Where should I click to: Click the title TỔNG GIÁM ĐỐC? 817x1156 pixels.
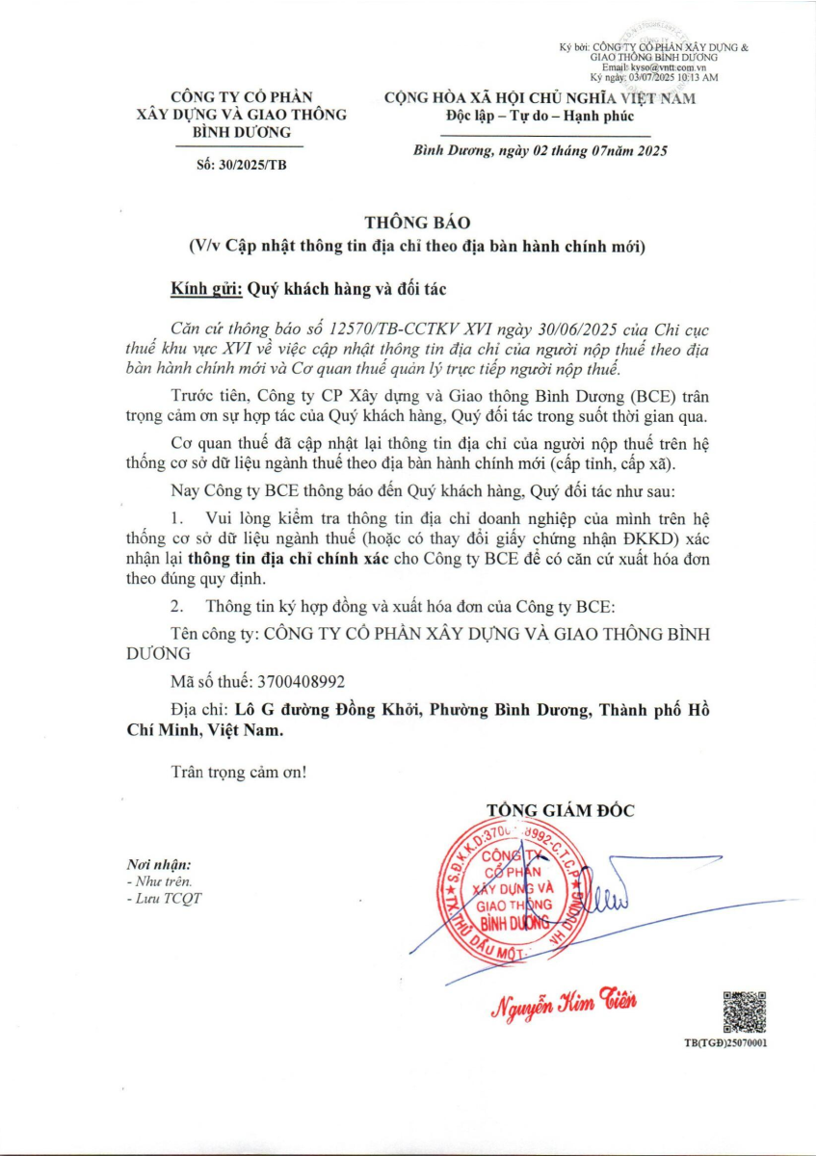click(560, 810)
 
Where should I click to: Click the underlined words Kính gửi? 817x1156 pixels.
click(205, 287)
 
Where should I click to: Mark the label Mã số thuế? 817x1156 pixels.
click(210, 681)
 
